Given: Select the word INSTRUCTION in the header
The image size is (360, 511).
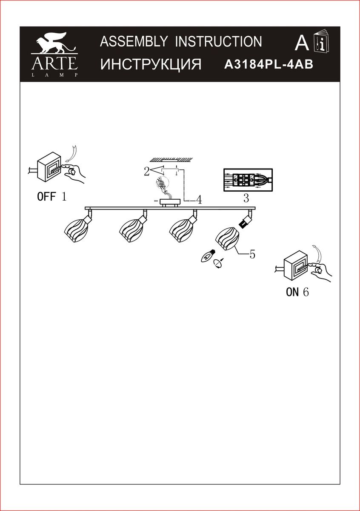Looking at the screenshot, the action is click(x=218, y=42).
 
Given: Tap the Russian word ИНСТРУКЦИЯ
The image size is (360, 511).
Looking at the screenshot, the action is click(x=151, y=64).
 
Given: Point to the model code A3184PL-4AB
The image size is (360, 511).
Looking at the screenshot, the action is click(x=269, y=64).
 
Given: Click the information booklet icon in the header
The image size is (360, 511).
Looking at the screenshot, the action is click(x=321, y=41).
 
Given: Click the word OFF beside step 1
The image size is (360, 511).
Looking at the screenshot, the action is click(x=46, y=196).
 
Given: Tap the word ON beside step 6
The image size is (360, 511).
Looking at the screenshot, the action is click(x=292, y=292).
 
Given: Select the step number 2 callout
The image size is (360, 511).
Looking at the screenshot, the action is click(x=147, y=171).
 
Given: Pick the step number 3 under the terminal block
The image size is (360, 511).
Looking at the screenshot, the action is click(x=246, y=198).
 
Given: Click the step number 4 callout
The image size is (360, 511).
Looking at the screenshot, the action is click(x=199, y=200).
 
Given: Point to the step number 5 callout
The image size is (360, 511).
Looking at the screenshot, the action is click(x=252, y=254).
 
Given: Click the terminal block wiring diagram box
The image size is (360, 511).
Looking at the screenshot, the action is click(x=248, y=180).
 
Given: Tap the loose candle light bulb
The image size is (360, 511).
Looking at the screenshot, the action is click(x=208, y=256).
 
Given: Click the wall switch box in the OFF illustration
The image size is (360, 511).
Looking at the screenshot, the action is click(x=49, y=167).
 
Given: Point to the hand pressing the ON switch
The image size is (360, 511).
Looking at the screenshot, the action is click(x=320, y=273).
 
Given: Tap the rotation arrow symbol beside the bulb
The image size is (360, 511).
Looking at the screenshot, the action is click(x=218, y=264).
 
